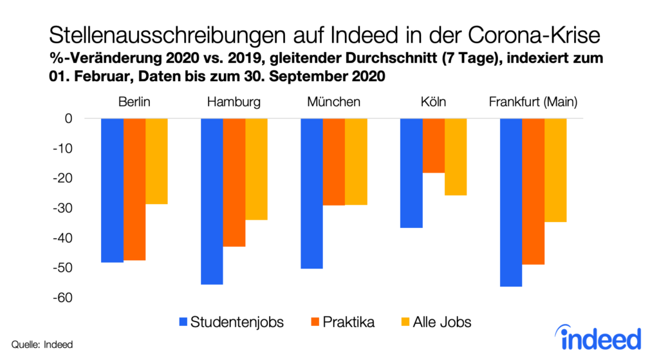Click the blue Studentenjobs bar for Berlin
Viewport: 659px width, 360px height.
(x=113, y=190)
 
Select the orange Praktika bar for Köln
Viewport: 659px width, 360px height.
(x=434, y=146)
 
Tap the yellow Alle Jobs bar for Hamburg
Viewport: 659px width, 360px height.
(x=256, y=169)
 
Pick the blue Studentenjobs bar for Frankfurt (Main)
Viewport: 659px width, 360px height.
(x=511, y=202)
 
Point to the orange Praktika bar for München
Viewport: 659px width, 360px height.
(x=334, y=162)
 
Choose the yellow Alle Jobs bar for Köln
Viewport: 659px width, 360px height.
(x=456, y=156)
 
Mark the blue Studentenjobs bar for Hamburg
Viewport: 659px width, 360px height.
(x=212, y=201)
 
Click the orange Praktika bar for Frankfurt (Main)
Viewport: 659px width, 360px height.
(x=533, y=191)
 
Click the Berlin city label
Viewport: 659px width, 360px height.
(x=135, y=102)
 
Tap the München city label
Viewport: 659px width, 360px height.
(x=334, y=102)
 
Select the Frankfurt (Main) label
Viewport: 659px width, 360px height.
(x=533, y=102)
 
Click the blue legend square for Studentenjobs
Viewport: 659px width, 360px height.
(x=183, y=321)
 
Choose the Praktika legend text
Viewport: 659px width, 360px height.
(x=351, y=321)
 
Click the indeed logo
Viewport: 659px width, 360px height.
(x=598, y=337)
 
